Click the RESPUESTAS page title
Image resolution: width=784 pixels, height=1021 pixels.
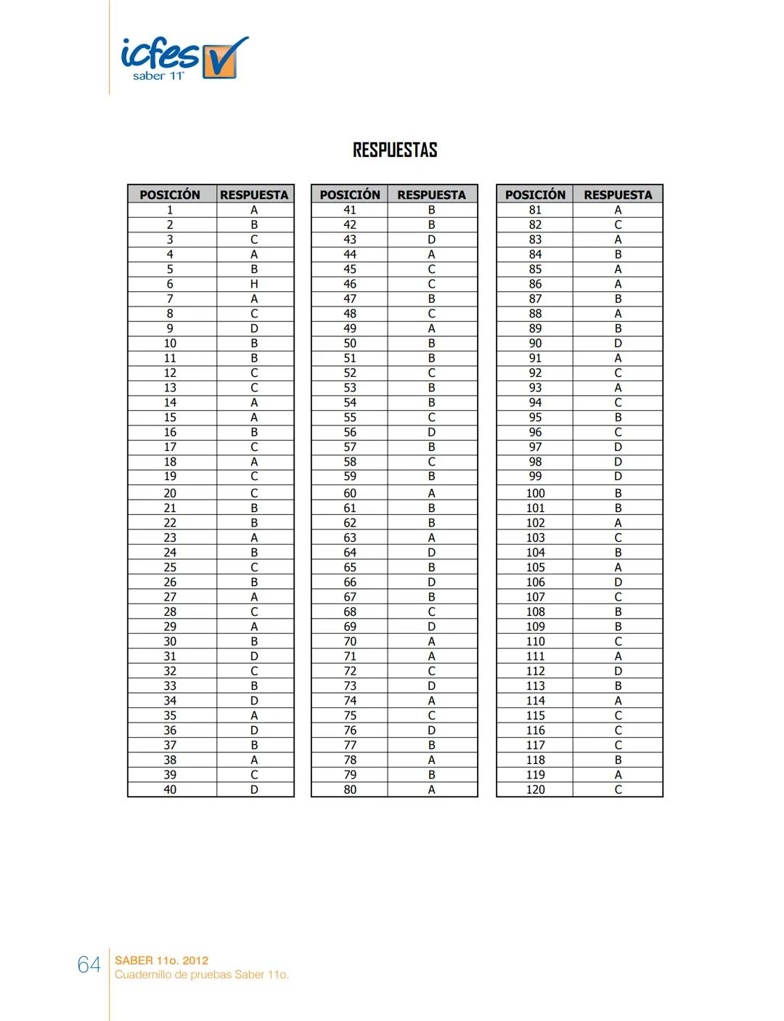(395, 150)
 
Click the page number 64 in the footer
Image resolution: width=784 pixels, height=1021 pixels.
(89, 965)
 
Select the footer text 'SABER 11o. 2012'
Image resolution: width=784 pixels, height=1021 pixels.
(162, 960)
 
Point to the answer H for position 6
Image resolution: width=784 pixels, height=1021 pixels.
(254, 284)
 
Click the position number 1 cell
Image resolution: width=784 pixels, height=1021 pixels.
(170, 210)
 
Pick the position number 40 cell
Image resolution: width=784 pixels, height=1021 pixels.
(170, 789)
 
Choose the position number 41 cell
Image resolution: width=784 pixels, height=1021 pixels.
(350, 210)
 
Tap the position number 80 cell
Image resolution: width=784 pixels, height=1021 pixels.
(350, 789)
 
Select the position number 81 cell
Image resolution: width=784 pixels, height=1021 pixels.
(535, 210)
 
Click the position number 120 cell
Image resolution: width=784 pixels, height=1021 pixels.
(535, 789)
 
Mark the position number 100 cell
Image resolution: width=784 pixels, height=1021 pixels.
(535, 493)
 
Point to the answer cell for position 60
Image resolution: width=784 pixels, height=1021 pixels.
(431, 493)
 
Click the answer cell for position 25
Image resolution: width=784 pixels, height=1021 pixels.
(254, 567)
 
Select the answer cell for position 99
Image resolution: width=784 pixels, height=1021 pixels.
(618, 476)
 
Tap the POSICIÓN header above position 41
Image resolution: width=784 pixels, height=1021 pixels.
(350, 195)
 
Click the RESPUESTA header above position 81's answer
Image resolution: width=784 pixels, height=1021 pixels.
(618, 195)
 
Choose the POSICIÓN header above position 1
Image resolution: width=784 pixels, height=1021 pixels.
(170, 195)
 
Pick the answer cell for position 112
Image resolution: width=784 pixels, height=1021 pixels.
(618, 671)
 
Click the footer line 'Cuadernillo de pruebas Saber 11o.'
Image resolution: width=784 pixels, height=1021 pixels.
(202, 975)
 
